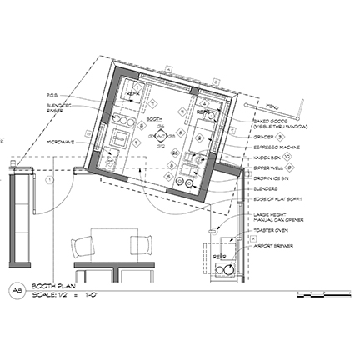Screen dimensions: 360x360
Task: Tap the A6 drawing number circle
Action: pos(16,290)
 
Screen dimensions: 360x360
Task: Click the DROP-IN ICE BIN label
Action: pos(272,177)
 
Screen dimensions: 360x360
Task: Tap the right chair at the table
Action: pos(140,247)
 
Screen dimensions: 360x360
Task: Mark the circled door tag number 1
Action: pos(51,179)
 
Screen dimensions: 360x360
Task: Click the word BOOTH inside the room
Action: pos(154,119)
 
